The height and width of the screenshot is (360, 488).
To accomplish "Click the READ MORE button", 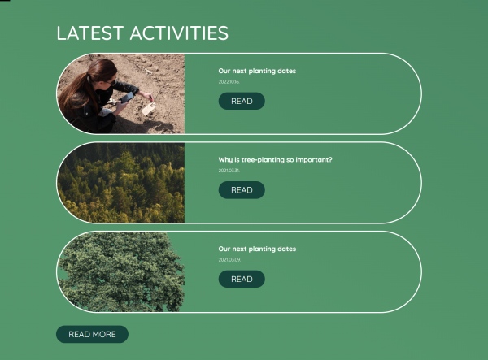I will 92,334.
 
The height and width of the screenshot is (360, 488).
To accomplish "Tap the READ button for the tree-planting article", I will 242,190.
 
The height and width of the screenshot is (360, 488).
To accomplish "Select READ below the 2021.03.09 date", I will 242,279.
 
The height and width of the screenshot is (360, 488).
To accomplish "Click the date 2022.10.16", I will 229,82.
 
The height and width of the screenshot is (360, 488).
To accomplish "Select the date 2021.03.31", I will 229,171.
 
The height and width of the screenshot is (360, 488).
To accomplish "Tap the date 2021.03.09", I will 229,259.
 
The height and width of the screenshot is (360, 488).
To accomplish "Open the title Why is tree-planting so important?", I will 275,160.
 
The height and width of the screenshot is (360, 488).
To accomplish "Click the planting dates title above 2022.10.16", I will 257,71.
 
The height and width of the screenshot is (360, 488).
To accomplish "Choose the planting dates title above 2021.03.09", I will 257,249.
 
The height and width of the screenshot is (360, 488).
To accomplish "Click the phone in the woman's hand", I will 127,97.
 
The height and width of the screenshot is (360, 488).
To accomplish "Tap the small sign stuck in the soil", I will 148,107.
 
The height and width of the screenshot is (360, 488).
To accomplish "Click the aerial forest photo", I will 121,183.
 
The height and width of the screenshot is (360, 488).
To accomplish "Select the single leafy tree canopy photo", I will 121,271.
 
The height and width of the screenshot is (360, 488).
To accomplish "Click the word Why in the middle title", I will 224,160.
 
